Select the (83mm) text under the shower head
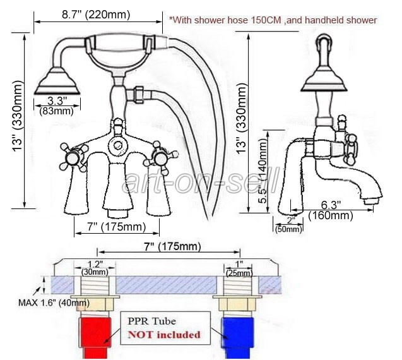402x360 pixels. pyautogui.click(x=57, y=111)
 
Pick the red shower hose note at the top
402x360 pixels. pyautogui.click(x=273, y=20)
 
